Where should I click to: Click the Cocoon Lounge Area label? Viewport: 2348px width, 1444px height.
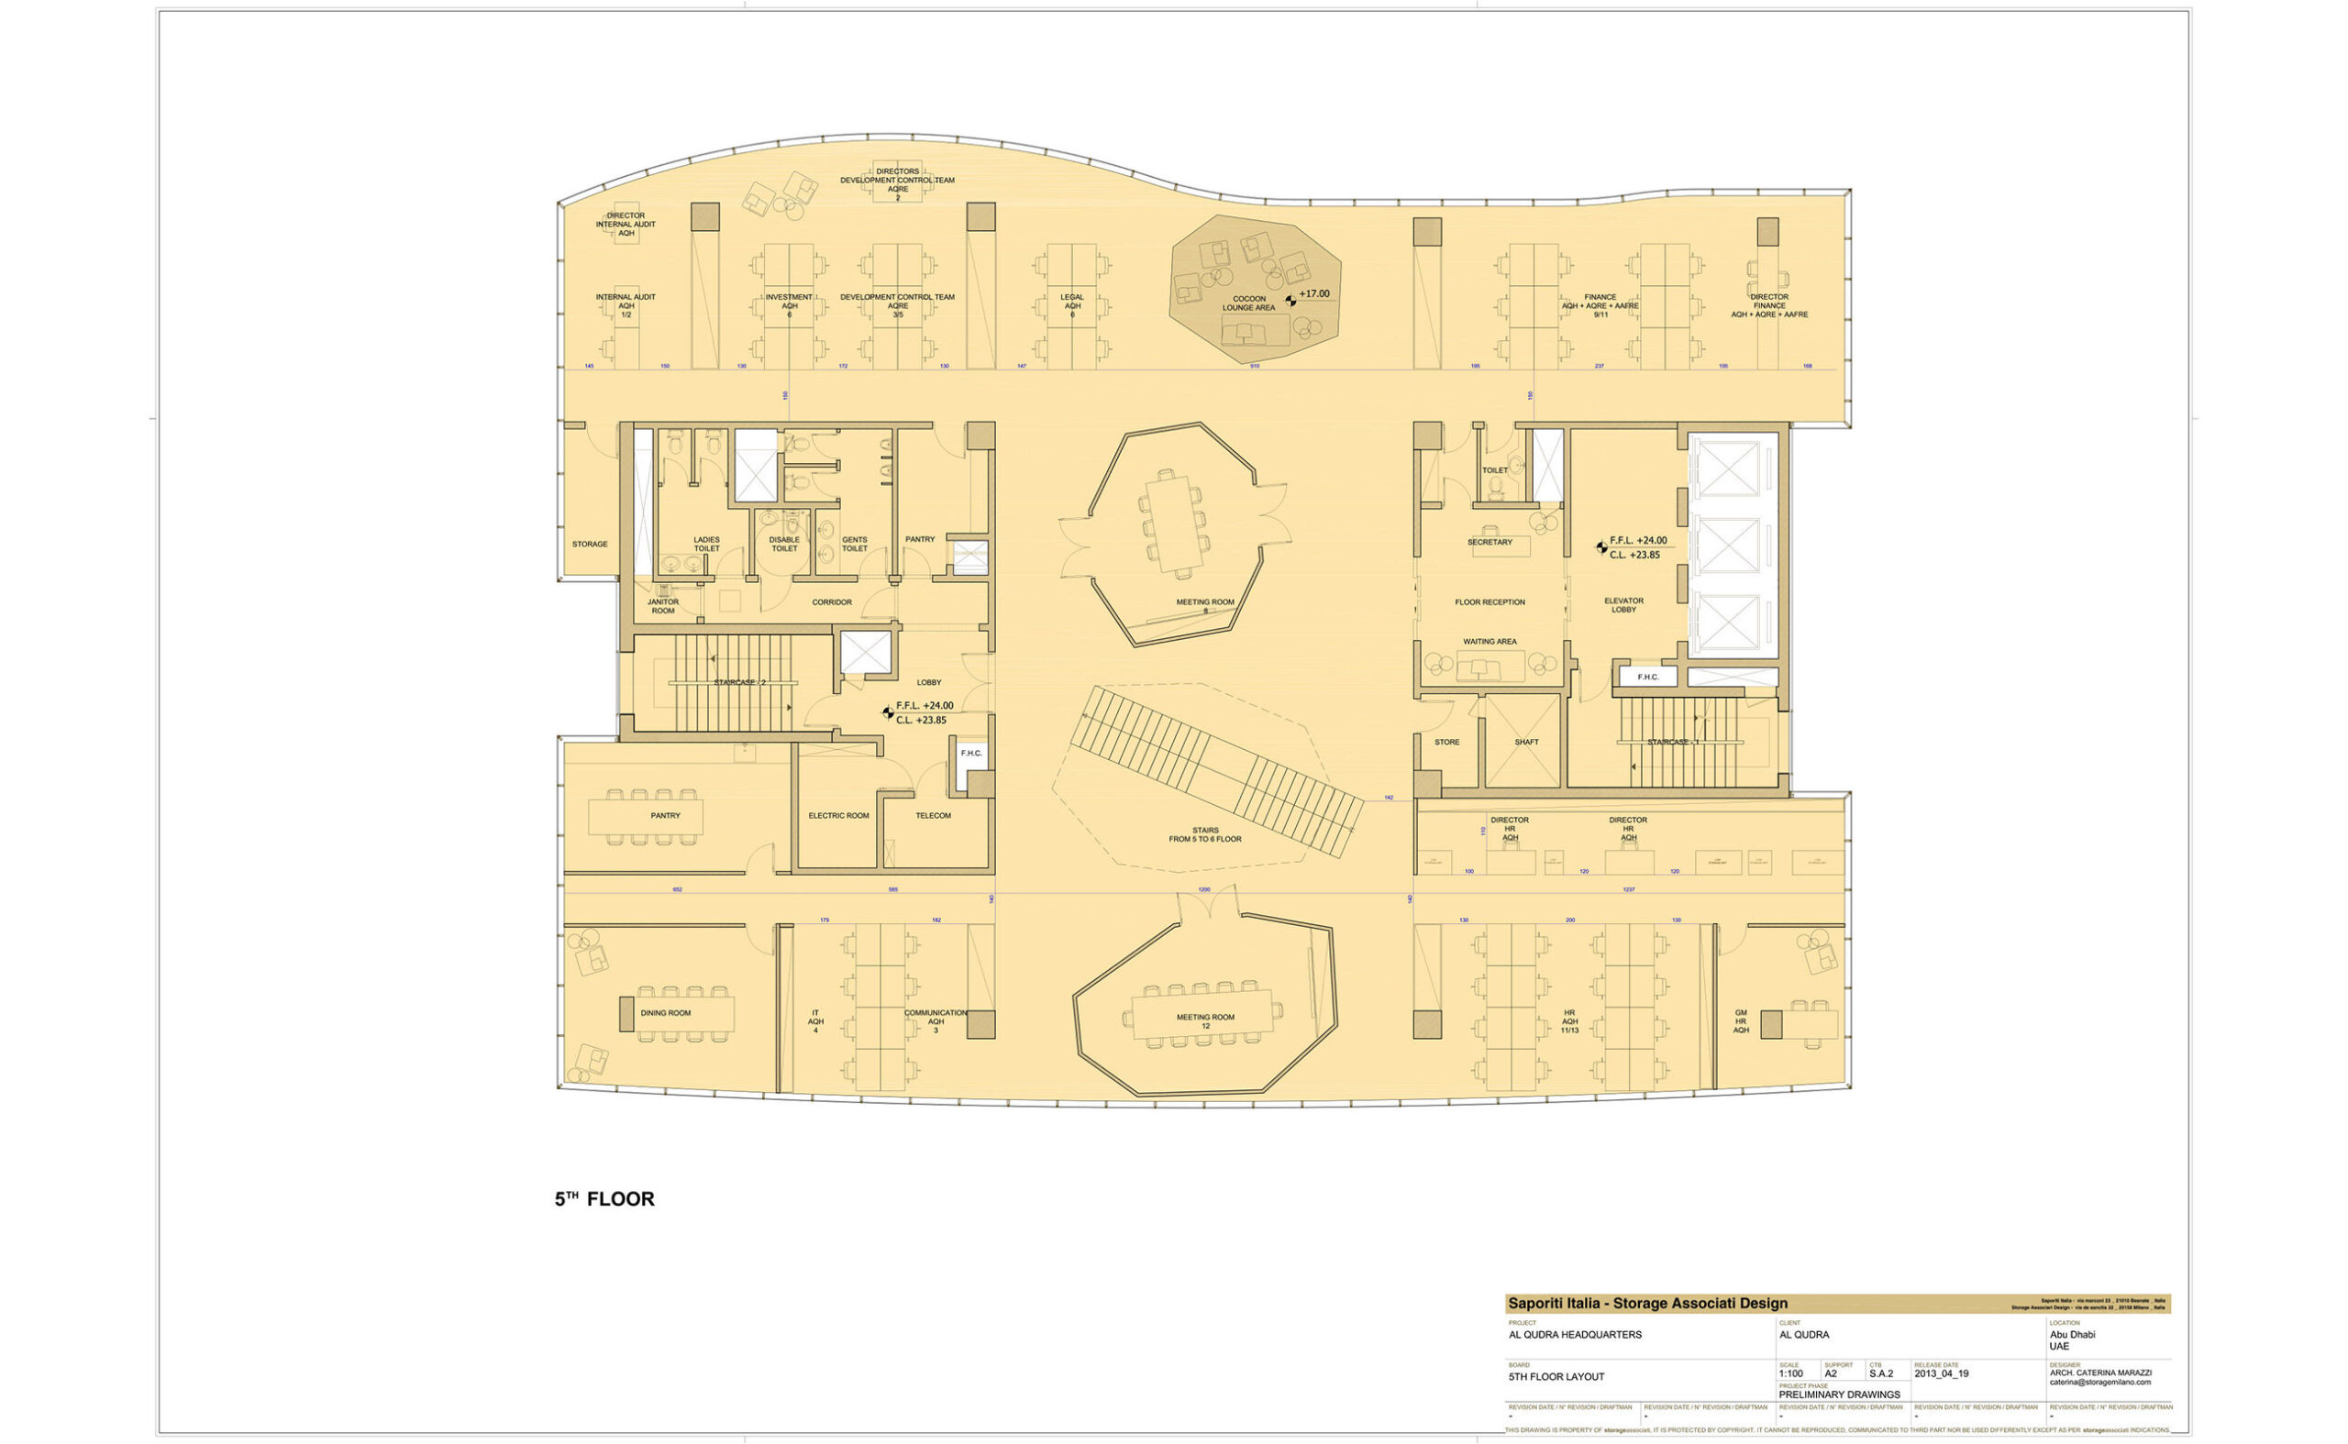tap(1247, 303)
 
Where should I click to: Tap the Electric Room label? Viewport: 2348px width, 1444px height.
tap(837, 816)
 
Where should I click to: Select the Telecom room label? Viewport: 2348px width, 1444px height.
tap(933, 816)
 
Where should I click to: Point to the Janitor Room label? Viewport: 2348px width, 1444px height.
tap(663, 606)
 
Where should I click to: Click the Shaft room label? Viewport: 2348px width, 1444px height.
tap(1525, 742)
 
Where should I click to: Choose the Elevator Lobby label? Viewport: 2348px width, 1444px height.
tap(1623, 605)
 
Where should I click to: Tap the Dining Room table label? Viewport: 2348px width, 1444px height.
tap(665, 1013)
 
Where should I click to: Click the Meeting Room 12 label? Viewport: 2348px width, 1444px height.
tap(1204, 1021)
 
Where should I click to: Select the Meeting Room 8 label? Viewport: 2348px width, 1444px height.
tap(1204, 605)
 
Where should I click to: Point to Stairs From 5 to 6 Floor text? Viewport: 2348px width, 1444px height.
tap(1204, 834)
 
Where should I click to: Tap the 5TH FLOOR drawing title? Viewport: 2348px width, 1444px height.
tap(604, 1199)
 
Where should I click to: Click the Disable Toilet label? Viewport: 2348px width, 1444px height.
tap(783, 544)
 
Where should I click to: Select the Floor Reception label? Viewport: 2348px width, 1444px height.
tap(1490, 602)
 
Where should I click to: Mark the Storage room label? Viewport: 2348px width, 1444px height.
tap(590, 545)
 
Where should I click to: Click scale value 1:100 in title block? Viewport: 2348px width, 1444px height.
tap(1791, 1374)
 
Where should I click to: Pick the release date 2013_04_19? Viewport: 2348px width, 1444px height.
tap(1941, 1374)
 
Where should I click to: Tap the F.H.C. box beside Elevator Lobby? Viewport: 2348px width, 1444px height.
tap(1647, 678)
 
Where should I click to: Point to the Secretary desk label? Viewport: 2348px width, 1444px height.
tap(1490, 543)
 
